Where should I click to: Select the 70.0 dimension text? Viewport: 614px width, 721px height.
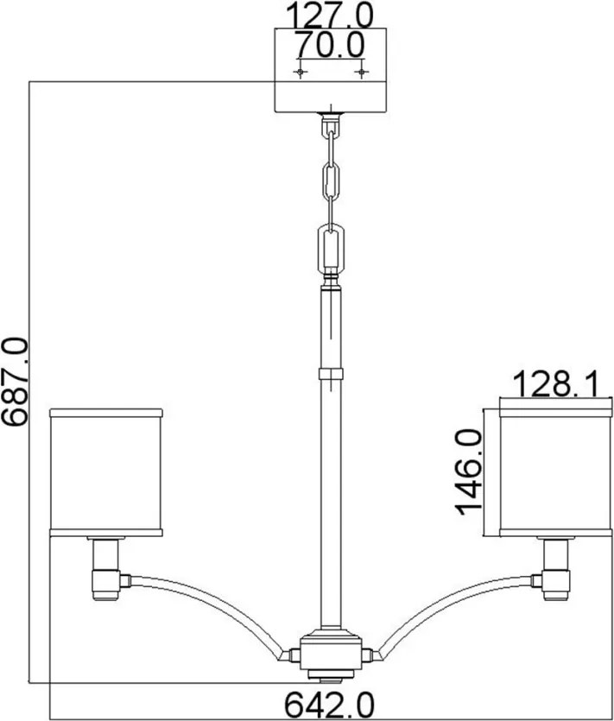[x=329, y=45]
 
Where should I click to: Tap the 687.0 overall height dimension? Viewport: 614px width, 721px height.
[x=16, y=381]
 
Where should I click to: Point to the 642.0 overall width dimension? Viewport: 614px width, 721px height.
[x=329, y=704]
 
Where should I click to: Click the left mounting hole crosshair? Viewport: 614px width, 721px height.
[x=301, y=72]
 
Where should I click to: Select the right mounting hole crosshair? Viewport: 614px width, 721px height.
[x=362, y=72]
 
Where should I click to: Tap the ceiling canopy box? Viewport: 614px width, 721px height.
[x=331, y=70]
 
